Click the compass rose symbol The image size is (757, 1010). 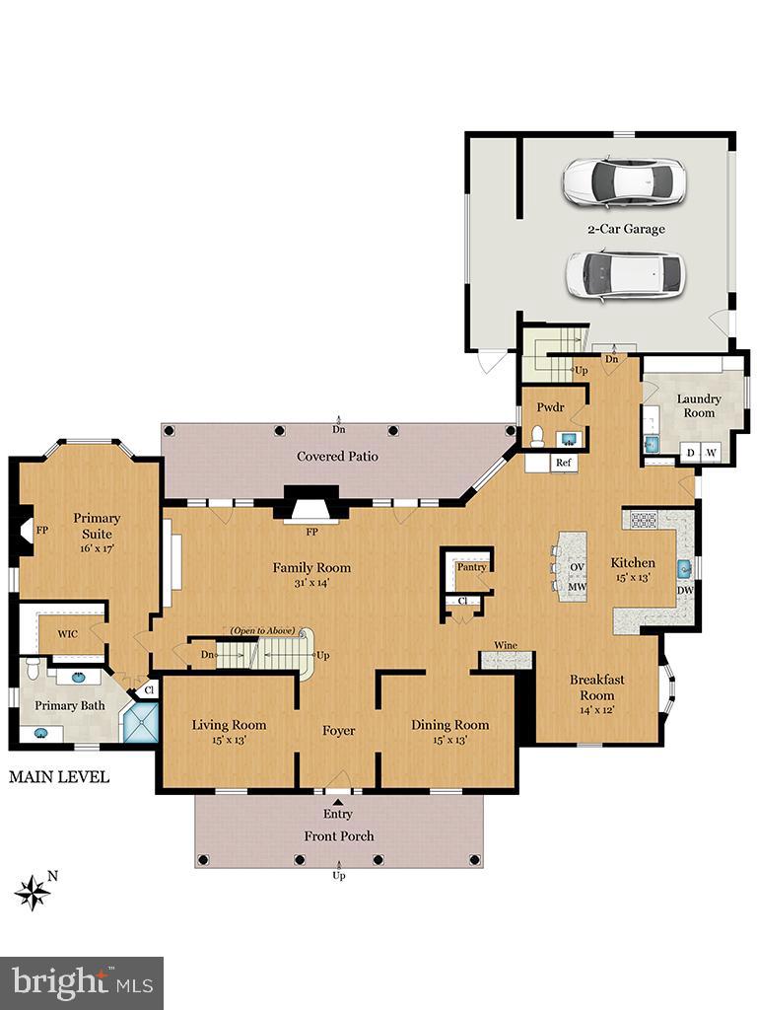click(x=33, y=892)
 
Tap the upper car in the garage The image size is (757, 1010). click(x=623, y=180)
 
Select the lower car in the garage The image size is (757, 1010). click(x=624, y=274)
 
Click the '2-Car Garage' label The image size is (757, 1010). click(x=626, y=229)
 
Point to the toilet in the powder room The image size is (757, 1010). click(x=538, y=437)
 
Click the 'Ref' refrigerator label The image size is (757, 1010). click(x=564, y=463)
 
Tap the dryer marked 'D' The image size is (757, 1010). click(x=690, y=453)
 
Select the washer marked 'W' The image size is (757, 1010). click(x=711, y=453)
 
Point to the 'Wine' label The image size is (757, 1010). click(x=506, y=645)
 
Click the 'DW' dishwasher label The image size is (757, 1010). click(x=684, y=591)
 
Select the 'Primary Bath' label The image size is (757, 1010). click(x=69, y=706)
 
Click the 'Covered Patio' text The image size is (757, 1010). click(x=337, y=457)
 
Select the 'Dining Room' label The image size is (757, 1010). click(x=449, y=725)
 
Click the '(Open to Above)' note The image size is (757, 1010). click(x=263, y=630)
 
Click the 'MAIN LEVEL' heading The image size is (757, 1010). click(x=59, y=777)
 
